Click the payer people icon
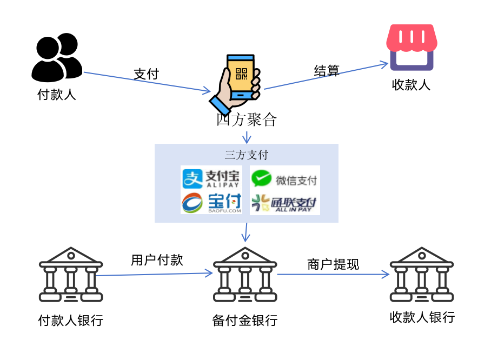56,57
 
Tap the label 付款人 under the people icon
56,95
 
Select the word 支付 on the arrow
146,74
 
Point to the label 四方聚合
246,119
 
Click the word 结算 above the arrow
327,70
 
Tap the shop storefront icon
412,47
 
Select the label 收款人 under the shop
411,85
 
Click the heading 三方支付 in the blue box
246,155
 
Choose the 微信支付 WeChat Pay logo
284,179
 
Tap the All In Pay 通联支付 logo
284,203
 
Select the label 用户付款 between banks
157,260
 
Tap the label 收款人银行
422,317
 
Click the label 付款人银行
70,321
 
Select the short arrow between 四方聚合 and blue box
246,137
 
